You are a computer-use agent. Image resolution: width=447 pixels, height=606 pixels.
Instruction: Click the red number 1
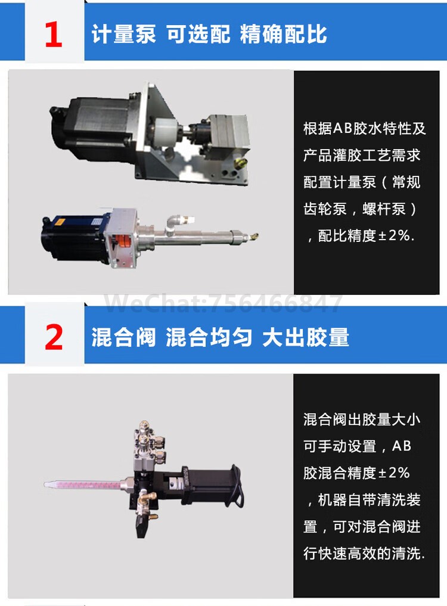click(x=54, y=35)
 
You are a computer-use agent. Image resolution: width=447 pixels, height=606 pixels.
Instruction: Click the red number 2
click(x=54, y=338)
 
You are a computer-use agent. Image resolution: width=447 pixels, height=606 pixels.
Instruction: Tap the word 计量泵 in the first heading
click(x=123, y=34)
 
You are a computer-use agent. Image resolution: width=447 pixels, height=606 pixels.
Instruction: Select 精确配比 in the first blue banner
click(x=283, y=34)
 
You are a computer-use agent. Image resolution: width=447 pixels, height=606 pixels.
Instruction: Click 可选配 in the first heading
click(x=198, y=34)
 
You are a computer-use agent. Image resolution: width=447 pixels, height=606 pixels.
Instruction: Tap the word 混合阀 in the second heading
click(x=123, y=337)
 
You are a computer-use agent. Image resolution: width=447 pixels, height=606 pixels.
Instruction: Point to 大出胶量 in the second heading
click(x=305, y=337)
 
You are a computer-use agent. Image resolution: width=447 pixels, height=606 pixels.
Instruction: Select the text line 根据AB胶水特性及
click(x=364, y=129)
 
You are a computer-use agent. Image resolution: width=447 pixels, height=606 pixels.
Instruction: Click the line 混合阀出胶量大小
click(x=362, y=419)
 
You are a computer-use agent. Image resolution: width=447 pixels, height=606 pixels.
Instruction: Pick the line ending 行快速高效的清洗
click(x=364, y=553)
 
